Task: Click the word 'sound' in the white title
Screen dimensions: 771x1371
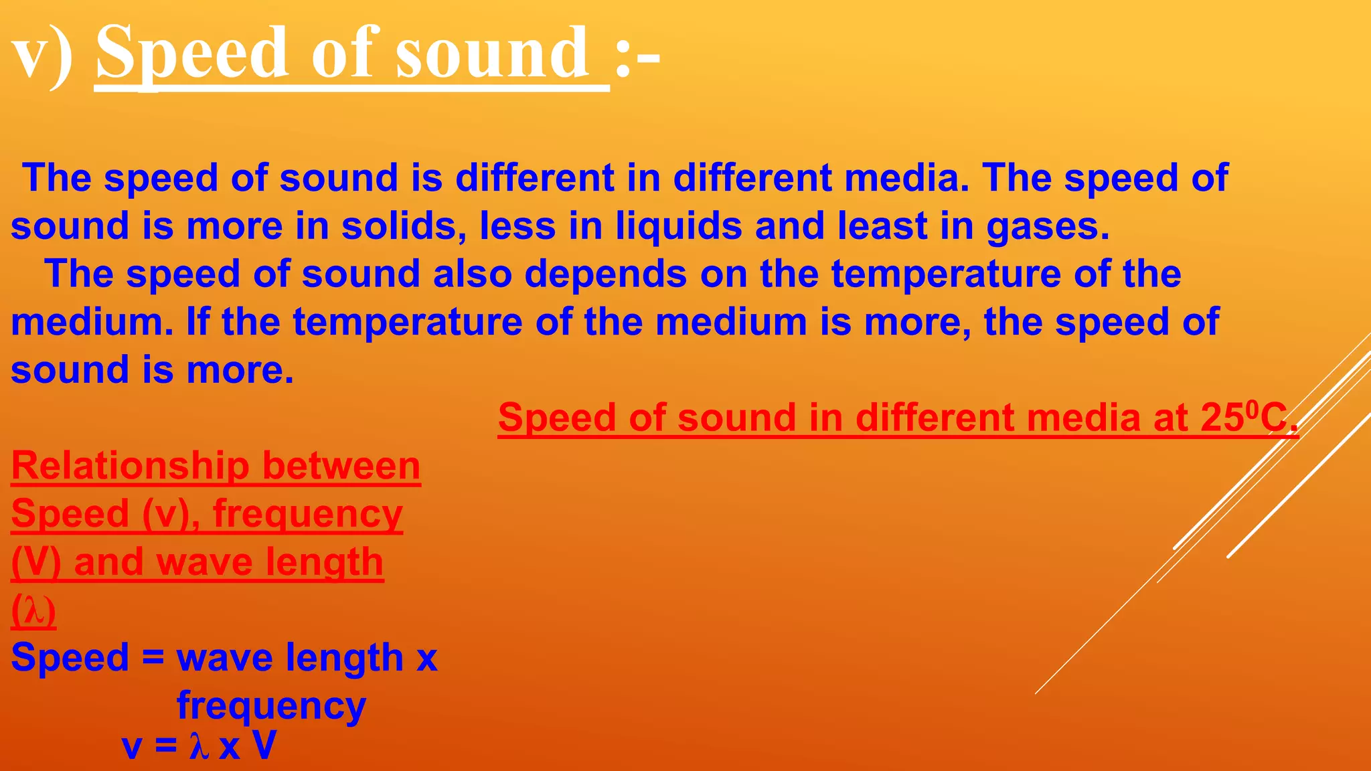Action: [x=492, y=54]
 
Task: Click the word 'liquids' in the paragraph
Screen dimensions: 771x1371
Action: [x=678, y=226]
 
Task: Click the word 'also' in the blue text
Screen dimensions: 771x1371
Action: [x=472, y=274]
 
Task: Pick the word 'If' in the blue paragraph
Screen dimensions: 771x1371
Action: [x=197, y=322]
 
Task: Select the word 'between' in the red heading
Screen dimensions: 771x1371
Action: [x=341, y=466]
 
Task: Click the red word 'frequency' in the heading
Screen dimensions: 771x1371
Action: [x=307, y=515]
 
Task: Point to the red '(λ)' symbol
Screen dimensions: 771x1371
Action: [x=33, y=611]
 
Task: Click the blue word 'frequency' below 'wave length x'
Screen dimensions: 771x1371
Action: [x=271, y=707]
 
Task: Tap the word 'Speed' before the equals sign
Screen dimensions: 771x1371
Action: [x=70, y=658]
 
